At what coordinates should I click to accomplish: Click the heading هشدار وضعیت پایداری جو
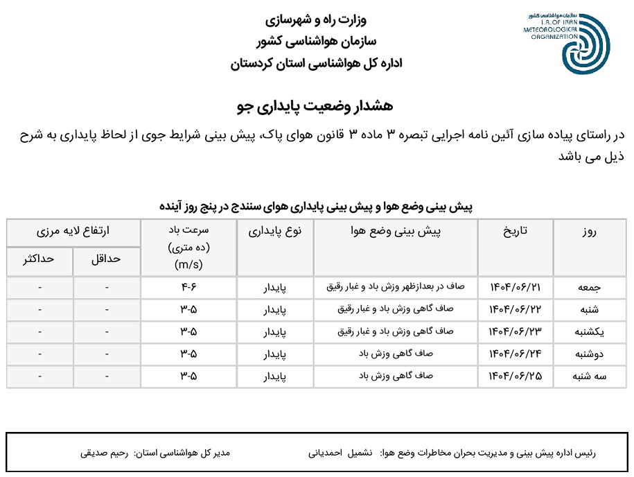tap(315, 106)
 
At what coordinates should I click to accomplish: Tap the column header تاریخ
tap(515, 232)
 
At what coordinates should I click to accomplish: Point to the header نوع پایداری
tap(275, 232)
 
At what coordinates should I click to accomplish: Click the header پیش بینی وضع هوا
tap(396, 232)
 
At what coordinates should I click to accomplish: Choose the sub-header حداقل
tap(106, 258)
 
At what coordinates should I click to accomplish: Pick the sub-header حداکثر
tap(39, 258)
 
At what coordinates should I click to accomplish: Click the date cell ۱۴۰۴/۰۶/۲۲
tap(515, 310)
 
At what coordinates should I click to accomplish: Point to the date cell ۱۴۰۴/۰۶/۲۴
tap(515, 354)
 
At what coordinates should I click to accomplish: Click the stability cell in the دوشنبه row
tap(275, 354)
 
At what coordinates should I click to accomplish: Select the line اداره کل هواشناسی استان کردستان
tap(316, 64)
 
